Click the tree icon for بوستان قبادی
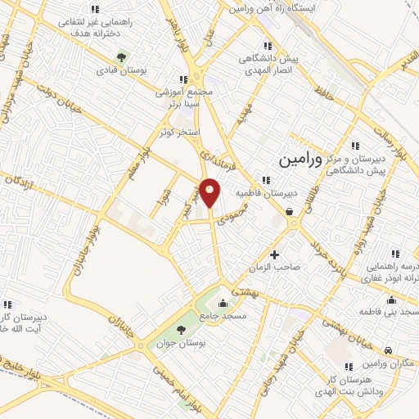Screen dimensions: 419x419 [122, 57]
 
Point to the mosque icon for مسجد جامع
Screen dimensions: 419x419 [222, 304]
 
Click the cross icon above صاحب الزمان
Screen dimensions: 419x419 [274, 254]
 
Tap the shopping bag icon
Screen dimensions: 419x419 [290, 211]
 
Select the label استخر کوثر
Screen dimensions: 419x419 [181, 132]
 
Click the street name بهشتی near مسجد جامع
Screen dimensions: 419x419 [243, 291]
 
